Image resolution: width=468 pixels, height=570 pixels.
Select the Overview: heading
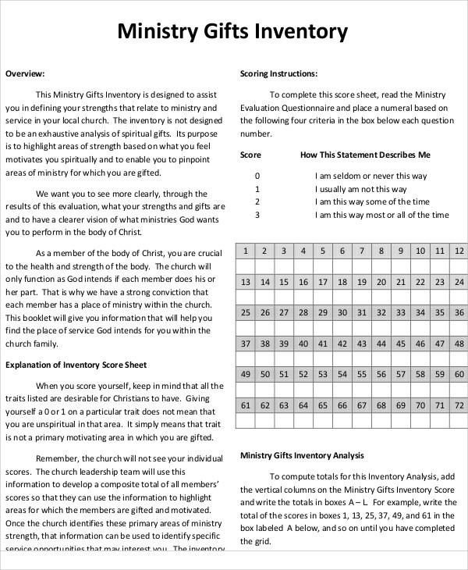point(25,74)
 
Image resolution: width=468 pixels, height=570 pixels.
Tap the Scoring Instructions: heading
point(278,74)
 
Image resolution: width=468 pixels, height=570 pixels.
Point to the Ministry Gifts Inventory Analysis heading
point(302,455)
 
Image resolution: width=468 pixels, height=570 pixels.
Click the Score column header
point(250,155)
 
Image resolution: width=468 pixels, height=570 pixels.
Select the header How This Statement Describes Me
point(365,155)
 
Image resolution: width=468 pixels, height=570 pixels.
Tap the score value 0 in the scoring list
point(257,176)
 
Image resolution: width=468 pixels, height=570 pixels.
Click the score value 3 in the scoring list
point(257,215)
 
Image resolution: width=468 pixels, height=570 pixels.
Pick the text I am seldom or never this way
point(371,176)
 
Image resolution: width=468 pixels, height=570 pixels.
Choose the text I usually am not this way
point(361,189)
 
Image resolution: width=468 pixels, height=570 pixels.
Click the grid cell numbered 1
point(245,251)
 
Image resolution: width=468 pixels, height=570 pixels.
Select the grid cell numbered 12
point(459,251)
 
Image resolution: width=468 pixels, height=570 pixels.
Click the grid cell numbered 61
point(245,405)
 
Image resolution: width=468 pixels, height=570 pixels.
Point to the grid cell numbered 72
point(459,405)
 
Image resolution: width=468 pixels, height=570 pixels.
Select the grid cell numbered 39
point(284,344)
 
